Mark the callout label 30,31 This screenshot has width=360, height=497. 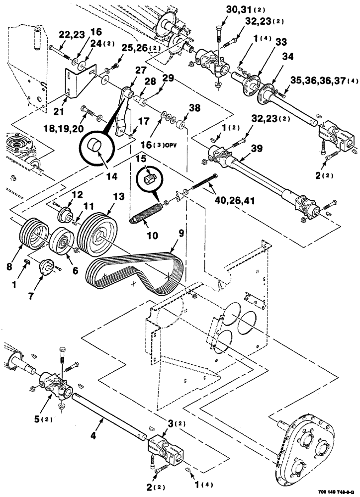click(x=229, y=10)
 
